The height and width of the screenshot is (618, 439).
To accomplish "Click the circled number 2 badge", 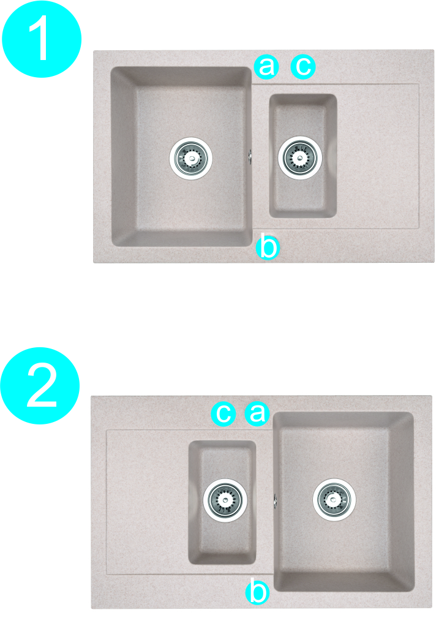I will (x=40, y=386).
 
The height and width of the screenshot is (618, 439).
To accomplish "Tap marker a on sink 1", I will (x=267, y=66).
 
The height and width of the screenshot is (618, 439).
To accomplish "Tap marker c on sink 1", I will (x=303, y=66).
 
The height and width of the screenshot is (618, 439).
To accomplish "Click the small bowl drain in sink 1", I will (x=301, y=157).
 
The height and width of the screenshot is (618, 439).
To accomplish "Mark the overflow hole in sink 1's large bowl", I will (x=251, y=156).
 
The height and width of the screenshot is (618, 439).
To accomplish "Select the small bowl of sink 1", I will (x=302, y=193).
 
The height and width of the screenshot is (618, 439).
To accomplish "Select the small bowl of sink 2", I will (x=222, y=539).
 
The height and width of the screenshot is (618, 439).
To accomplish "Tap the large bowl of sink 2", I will (x=343, y=545).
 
